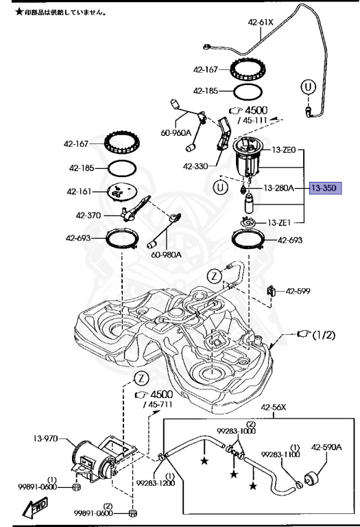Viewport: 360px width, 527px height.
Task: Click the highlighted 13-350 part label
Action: click(325, 188)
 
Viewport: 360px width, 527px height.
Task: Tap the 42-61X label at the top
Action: click(261, 23)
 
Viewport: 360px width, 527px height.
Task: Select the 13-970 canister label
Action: click(45, 438)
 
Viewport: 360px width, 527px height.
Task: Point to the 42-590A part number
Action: click(326, 447)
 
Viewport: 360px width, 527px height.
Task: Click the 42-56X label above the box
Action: click(274, 408)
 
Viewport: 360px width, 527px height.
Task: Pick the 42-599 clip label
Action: click(298, 291)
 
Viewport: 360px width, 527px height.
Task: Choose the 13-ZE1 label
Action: click(279, 222)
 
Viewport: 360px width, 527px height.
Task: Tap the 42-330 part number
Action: click(195, 166)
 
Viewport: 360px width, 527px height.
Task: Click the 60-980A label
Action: click(166, 255)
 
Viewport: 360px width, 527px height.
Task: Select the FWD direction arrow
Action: click(35, 507)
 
